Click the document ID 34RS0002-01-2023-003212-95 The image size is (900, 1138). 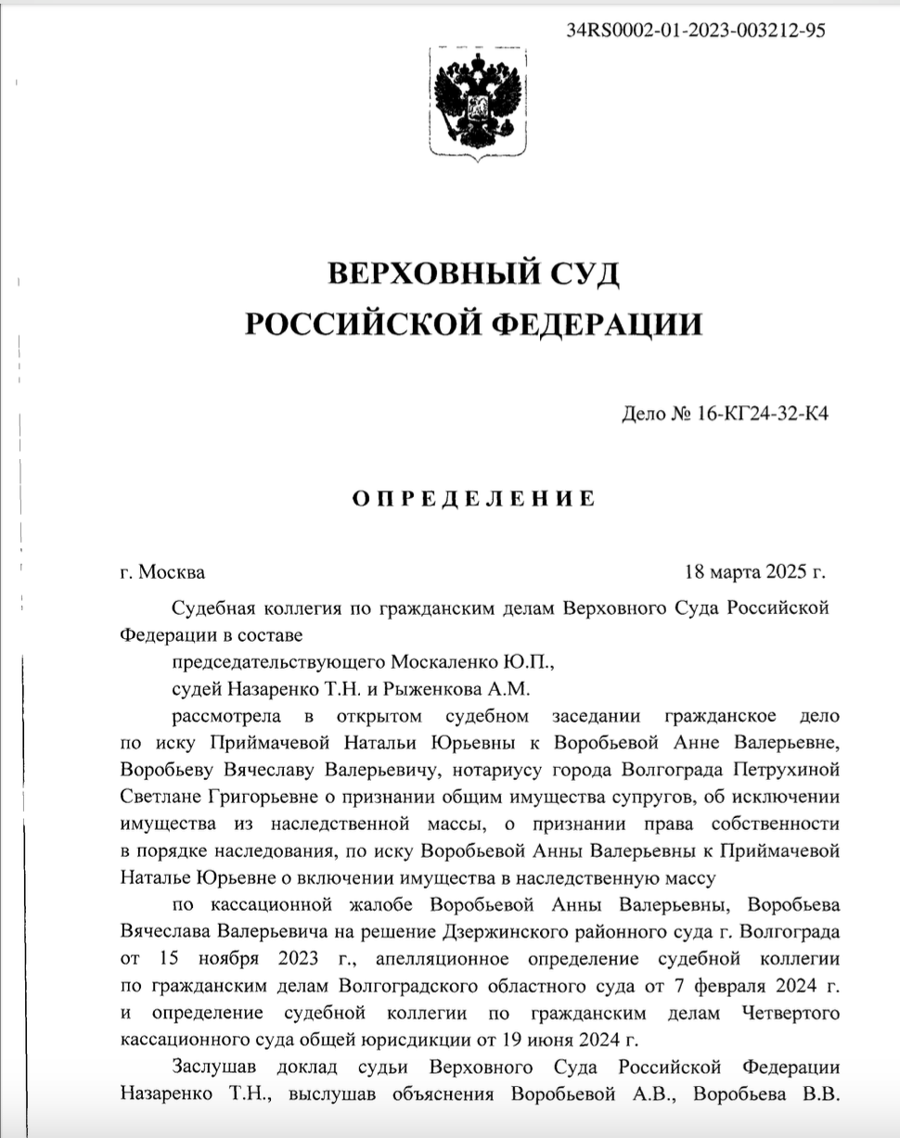tap(695, 29)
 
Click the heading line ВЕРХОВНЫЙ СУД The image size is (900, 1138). tap(473, 275)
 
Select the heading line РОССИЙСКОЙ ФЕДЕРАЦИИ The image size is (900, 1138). tap(473, 323)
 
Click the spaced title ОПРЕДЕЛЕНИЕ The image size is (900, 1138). tap(473, 498)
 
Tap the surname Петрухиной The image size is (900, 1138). tap(785, 770)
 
